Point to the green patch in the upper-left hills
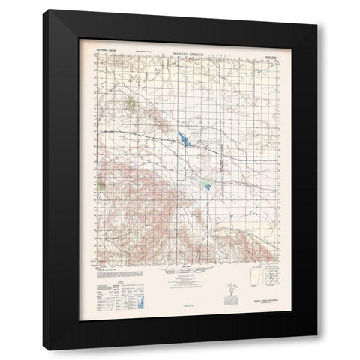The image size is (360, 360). pos(131,103)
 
